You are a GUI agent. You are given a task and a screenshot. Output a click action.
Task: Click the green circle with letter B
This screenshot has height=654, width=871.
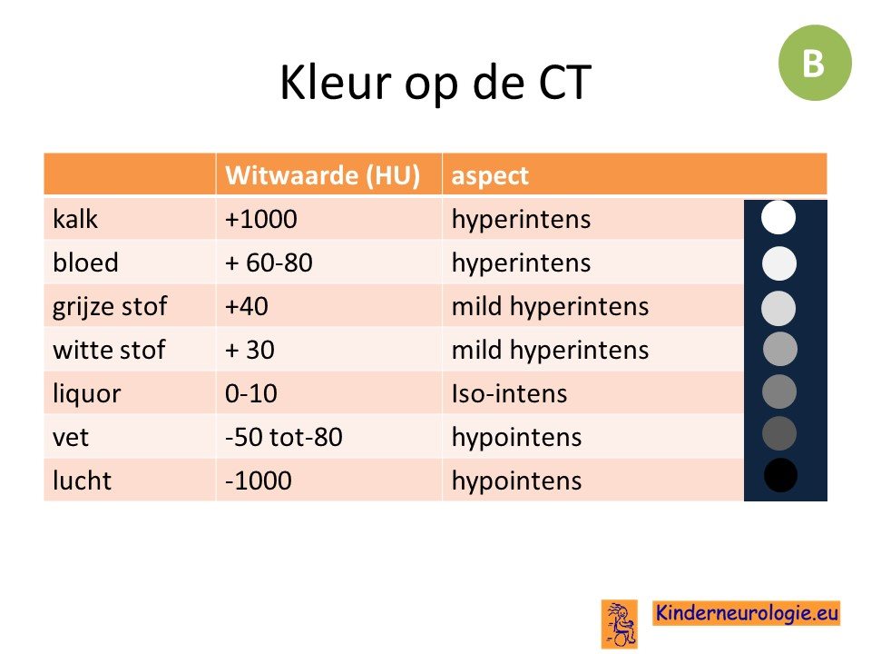(x=815, y=63)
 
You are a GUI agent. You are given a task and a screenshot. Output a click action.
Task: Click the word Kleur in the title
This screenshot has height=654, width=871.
(x=336, y=83)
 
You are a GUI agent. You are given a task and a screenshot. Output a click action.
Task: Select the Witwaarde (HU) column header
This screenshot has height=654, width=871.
(x=322, y=175)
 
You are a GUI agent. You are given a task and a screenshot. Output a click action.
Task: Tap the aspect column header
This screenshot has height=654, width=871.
(x=489, y=176)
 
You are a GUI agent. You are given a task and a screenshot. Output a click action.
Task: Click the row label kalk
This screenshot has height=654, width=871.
(x=75, y=219)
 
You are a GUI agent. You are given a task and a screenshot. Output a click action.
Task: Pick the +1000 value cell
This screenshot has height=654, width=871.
(x=260, y=219)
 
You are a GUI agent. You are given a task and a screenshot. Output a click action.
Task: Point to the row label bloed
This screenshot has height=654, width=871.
(x=85, y=263)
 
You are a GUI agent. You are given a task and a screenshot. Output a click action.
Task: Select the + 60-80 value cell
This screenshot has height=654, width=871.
(x=269, y=263)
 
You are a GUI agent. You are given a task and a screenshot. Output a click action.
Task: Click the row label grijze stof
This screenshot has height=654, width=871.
(x=110, y=307)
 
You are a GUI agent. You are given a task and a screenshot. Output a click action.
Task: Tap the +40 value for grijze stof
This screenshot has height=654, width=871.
(x=246, y=306)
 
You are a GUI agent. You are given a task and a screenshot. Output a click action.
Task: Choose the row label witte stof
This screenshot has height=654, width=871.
(x=109, y=350)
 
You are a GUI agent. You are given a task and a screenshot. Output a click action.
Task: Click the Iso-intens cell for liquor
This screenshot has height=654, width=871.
(x=509, y=393)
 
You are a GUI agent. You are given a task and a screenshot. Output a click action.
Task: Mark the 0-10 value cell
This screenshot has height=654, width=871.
(x=250, y=393)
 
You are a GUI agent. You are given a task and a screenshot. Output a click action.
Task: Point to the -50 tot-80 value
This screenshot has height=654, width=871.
(x=283, y=437)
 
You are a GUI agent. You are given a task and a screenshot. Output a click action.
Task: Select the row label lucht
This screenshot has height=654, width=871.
(x=82, y=481)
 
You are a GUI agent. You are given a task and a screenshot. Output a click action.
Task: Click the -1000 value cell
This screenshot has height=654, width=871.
(x=258, y=481)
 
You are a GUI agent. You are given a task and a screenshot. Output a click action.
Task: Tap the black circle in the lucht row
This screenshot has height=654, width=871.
(x=780, y=475)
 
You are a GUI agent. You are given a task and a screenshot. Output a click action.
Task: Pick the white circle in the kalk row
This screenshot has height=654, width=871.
(x=778, y=217)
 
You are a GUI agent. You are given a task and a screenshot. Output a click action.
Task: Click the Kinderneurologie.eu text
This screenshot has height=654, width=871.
(x=746, y=613)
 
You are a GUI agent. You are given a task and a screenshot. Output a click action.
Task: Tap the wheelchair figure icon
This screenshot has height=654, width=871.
(x=620, y=624)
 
